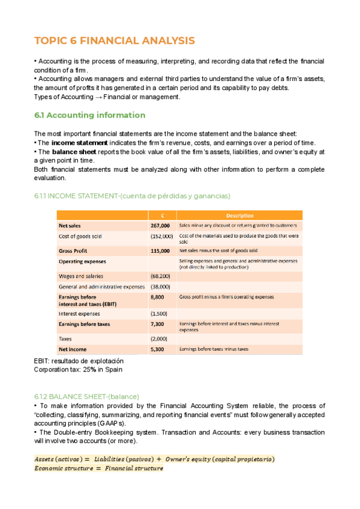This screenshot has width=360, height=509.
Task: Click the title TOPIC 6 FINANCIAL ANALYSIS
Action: (x=115, y=41)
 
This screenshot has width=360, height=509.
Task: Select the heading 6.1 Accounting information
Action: (x=89, y=115)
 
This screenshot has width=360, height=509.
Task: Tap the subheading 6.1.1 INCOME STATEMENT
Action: (x=132, y=196)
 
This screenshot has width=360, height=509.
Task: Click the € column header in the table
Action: (x=162, y=215)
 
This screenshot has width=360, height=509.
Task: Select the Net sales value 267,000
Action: (x=161, y=226)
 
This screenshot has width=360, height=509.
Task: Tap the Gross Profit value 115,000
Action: (x=161, y=250)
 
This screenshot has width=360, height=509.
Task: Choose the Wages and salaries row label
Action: (x=80, y=276)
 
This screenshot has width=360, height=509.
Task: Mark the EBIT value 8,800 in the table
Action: (x=157, y=297)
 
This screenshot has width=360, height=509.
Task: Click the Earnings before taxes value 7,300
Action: (x=157, y=324)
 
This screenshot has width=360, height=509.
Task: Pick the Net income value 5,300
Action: (x=157, y=349)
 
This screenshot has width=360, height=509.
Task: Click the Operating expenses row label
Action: (x=82, y=262)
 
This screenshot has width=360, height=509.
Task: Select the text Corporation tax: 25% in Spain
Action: (x=78, y=369)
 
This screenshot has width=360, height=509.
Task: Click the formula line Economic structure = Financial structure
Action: (x=98, y=468)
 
